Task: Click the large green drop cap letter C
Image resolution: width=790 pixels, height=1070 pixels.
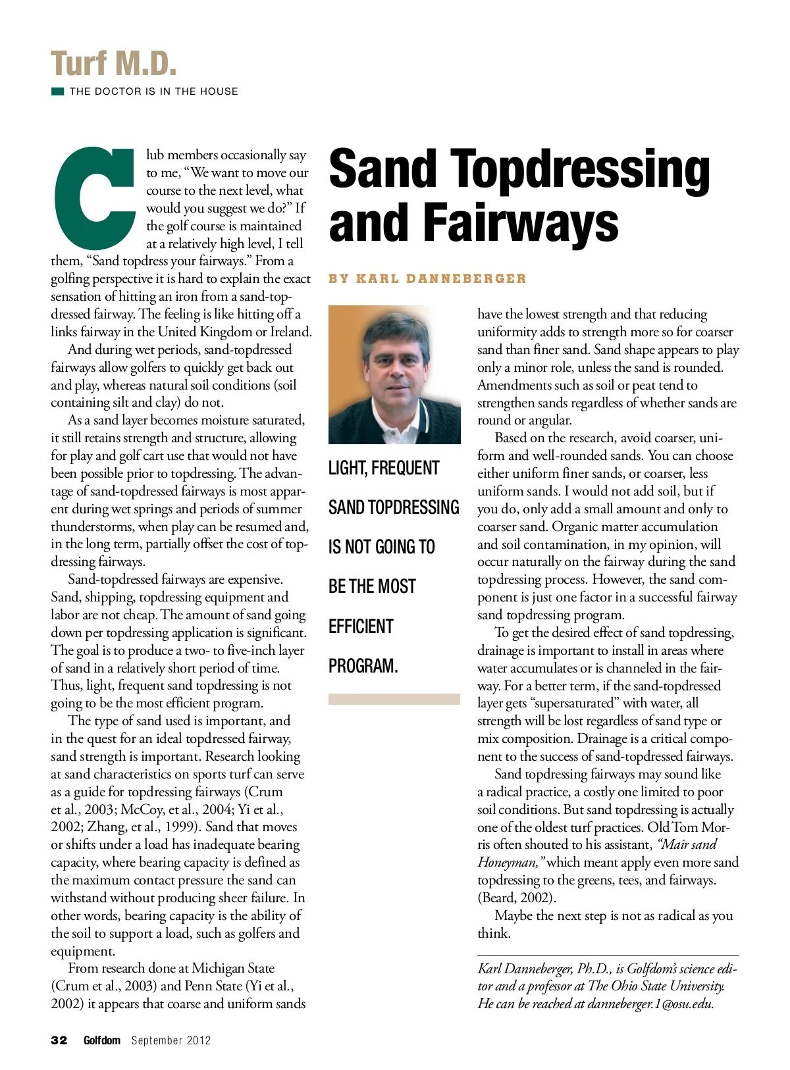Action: (x=92, y=197)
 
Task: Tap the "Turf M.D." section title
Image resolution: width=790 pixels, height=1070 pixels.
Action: (x=114, y=64)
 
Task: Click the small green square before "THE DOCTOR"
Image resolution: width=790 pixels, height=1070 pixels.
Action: (x=57, y=91)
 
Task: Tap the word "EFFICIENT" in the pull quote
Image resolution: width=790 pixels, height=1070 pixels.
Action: (x=361, y=626)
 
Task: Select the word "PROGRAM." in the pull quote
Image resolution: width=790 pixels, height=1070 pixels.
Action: (x=363, y=665)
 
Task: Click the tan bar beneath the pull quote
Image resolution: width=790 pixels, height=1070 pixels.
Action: (x=394, y=699)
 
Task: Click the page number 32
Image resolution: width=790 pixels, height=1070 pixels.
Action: (x=59, y=1040)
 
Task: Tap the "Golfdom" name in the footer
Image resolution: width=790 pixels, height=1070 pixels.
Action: (x=102, y=1040)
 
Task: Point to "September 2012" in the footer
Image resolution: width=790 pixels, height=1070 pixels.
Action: (x=171, y=1040)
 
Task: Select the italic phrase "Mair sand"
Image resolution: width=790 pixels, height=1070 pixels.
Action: (x=687, y=844)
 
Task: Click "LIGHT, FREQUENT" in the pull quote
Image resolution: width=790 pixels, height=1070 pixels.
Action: (x=384, y=468)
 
